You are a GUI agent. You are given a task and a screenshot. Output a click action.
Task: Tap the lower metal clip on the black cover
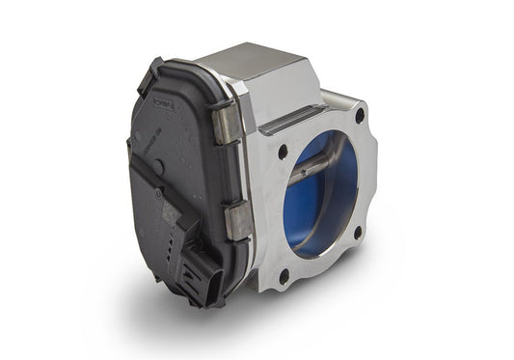pos(237,220)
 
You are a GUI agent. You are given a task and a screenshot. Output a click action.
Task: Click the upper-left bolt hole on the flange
pos(283,152)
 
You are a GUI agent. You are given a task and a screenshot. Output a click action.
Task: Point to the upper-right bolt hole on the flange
pos(360,116)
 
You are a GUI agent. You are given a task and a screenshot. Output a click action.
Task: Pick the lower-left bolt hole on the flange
pos(284,275)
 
